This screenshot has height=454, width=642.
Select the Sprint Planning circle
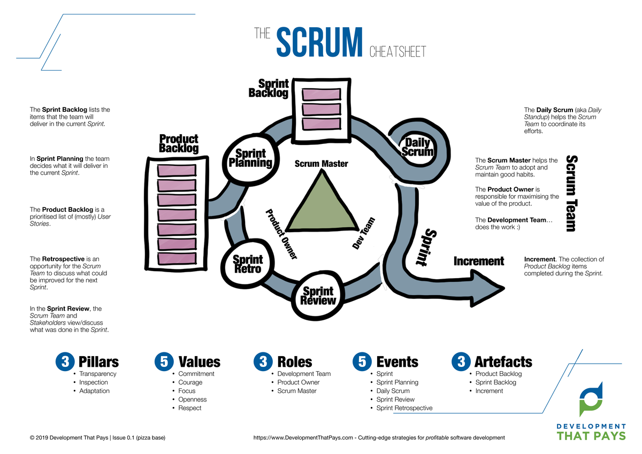[250, 158]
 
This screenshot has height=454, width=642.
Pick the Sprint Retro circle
[247, 264]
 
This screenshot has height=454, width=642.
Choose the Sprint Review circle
[318, 295]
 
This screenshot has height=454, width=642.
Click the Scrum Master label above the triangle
[321, 164]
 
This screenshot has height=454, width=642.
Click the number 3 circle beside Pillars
[64, 362]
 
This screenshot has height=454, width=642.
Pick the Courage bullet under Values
[190, 382]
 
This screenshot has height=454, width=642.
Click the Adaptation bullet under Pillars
[94, 391]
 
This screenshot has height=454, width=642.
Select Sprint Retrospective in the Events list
[404, 408]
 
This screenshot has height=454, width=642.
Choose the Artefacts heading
[503, 362]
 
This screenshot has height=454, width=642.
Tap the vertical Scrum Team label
[571, 193]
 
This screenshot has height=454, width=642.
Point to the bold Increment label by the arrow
[478, 261]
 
